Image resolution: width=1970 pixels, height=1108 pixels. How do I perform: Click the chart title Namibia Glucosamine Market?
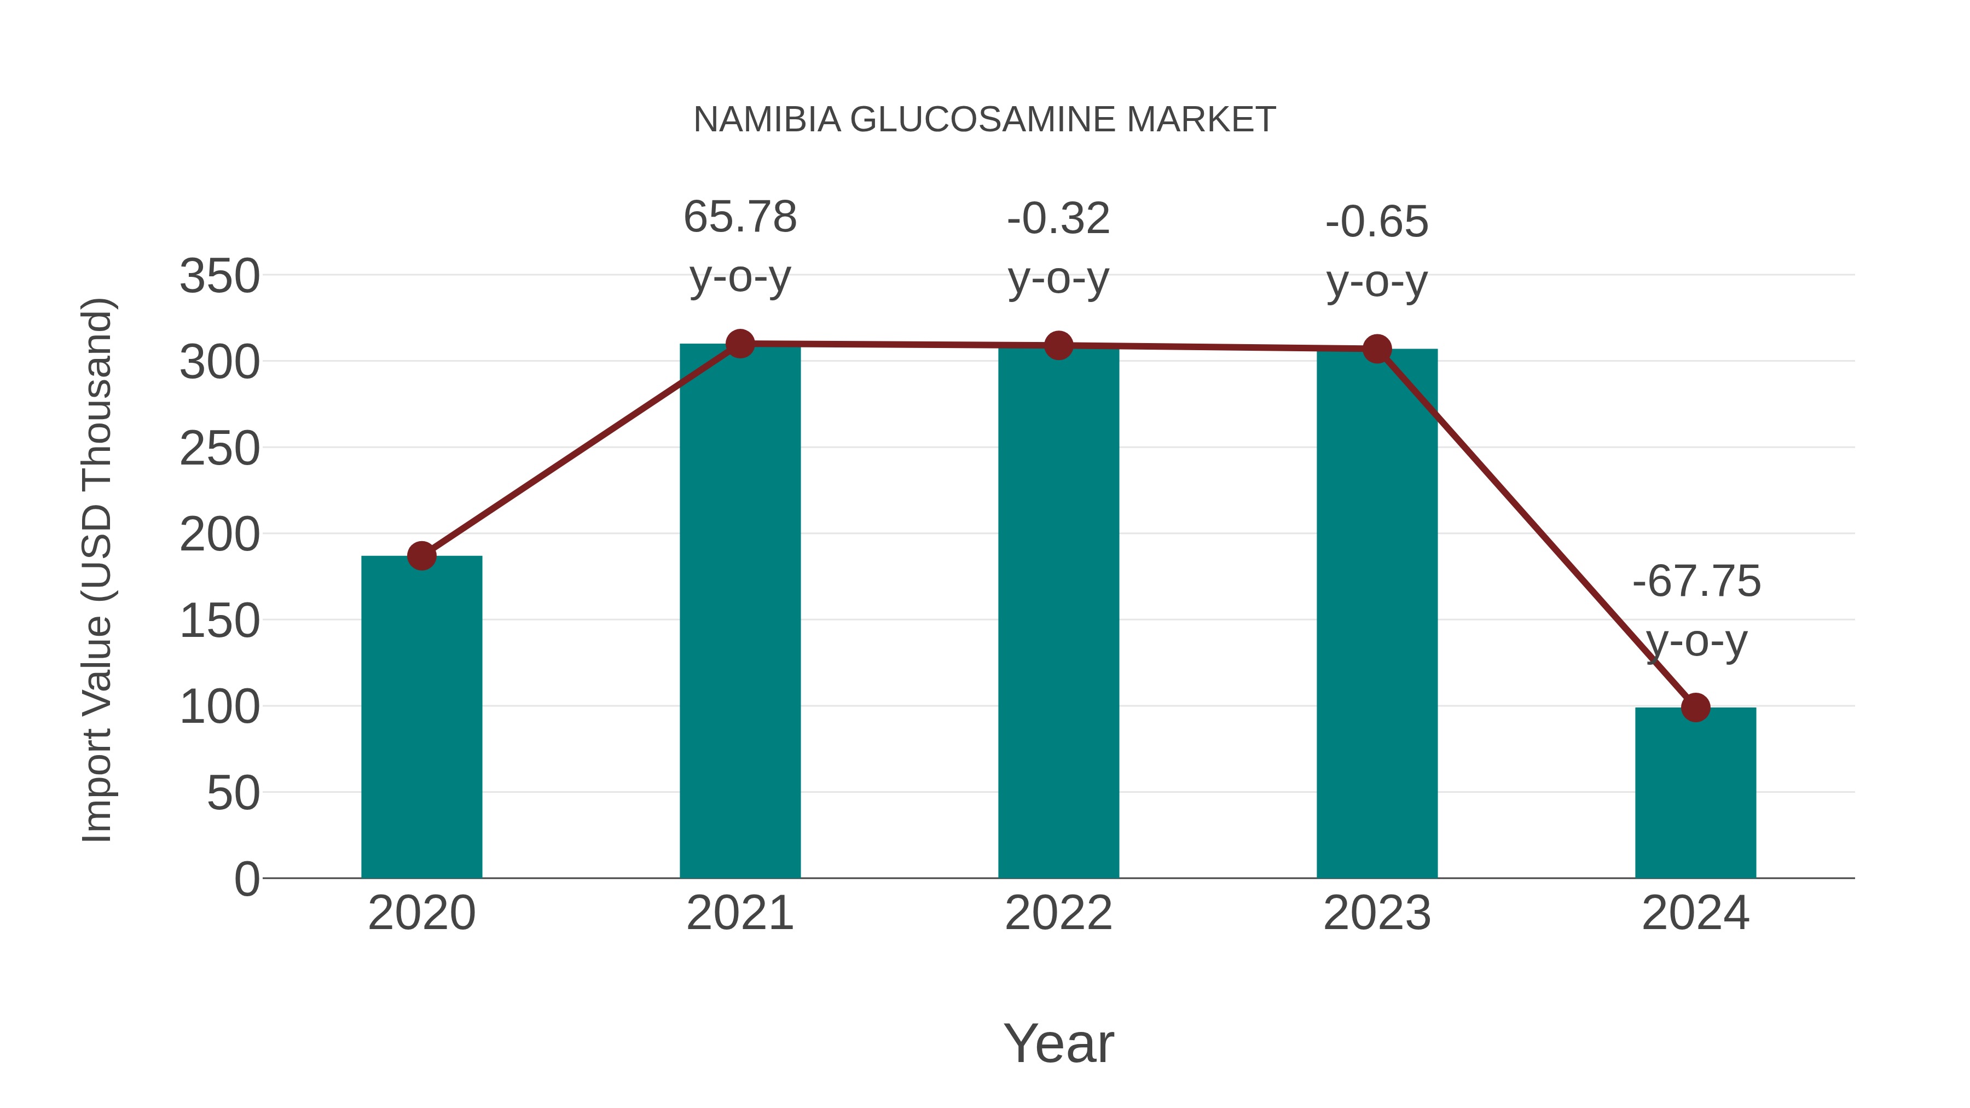coord(984,120)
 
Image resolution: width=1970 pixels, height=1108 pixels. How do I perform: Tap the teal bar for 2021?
coord(739,612)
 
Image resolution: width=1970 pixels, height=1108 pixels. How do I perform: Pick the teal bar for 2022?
coord(1058,612)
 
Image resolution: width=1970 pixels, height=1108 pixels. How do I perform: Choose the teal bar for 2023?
coord(1377,612)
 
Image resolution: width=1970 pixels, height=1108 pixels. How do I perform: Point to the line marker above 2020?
coord(421,556)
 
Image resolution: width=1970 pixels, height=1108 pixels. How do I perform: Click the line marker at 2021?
coord(739,344)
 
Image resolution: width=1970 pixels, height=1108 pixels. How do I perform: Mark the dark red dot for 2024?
coord(1695,707)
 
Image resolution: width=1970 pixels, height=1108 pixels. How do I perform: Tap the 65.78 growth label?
coord(739,217)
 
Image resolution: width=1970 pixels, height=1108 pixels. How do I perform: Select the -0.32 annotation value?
coord(1058,219)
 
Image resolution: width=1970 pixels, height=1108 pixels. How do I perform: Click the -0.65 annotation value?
coord(1377,223)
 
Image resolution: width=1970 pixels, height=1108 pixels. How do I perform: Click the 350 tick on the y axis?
coord(219,276)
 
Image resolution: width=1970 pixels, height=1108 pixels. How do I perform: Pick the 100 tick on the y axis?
coord(219,707)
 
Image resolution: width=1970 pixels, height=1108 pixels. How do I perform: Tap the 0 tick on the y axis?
coord(246,879)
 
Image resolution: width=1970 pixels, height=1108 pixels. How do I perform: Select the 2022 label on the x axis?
coord(1058,913)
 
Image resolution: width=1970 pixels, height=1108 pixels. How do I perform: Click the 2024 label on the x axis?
coord(1695,913)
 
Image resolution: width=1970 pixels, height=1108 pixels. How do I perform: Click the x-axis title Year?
coord(1058,1043)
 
